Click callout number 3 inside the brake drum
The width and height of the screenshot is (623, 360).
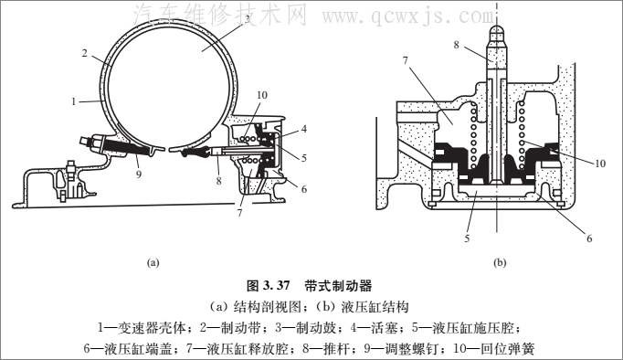pyautogui.click(x=247, y=19)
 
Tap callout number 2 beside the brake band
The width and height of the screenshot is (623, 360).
pyautogui.click(x=85, y=53)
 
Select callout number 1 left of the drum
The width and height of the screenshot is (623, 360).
pyautogui.click(x=73, y=101)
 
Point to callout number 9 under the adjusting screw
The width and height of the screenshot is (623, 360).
pyautogui.click(x=138, y=174)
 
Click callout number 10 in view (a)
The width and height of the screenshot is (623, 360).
pyautogui.click(x=262, y=95)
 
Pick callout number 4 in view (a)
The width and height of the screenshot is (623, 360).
pyautogui.click(x=304, y=129)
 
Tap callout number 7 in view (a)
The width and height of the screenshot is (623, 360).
pyautogui.click(x=239, y=213)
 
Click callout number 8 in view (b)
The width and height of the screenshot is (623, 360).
pyautogui.click(x=456, y=45)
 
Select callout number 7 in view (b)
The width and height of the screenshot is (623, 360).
pyautogui.click(x=406, y=60)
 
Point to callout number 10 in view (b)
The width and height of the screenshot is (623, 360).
pyautogui.click(x=600, y=164)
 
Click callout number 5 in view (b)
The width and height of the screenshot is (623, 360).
pyautogui.click(x=468, y=238)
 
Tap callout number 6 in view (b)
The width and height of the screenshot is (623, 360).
pyautogui.click(x=589, y=238)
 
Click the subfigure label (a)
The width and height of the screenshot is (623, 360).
pyautogui.click(x=153, y=262)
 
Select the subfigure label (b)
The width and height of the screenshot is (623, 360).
pyautogui.click(x=500, y=262)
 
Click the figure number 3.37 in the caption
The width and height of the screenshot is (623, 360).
pyautogui.click(x=276, y=286)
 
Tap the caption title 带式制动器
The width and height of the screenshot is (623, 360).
pyautogui.click(x=339, y=286)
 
